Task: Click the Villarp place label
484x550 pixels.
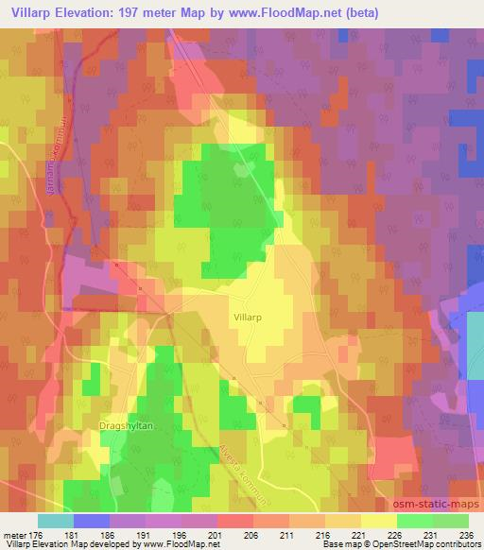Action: click(247, 319)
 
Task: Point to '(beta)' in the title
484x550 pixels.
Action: click(361, 12)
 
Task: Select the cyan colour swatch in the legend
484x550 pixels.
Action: click(55, 520)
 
